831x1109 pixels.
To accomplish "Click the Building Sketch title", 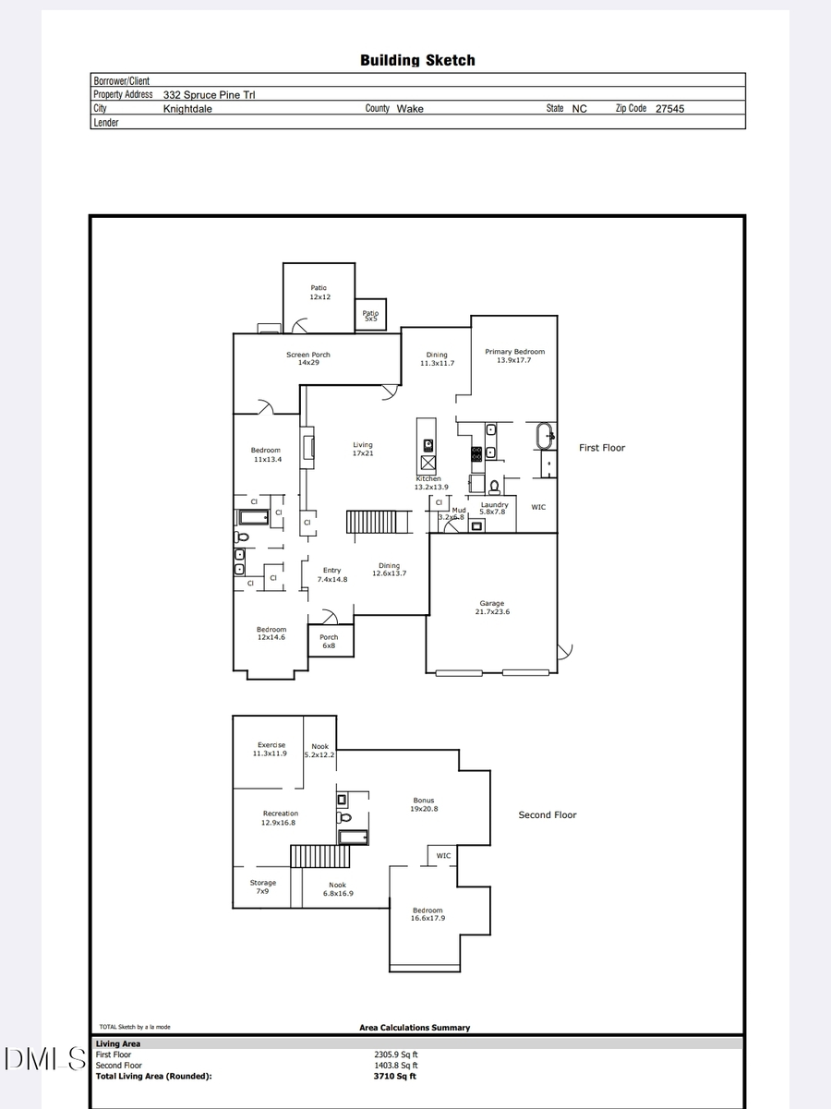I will coord(417,61).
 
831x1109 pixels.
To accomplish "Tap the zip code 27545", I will coord(669,109).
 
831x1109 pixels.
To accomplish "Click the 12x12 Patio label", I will coord(319,293).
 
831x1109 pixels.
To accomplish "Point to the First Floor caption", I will coord(602,448).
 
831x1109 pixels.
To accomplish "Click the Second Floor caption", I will coord(548,815).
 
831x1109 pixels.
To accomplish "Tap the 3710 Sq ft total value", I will coord(394,1076).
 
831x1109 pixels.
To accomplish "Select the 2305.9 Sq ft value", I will coord(396,1055).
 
